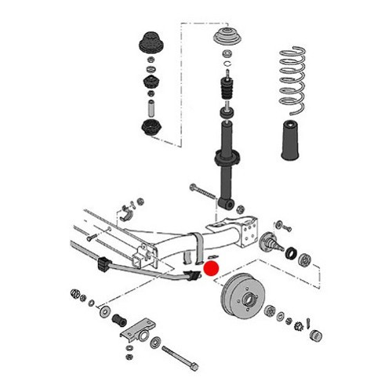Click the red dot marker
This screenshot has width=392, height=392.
click(209, 267)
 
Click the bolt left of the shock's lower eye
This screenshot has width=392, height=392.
click(201, 191)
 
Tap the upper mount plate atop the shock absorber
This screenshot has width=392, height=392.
click(228, 38)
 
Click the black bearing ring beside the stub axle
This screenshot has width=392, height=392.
click(291, 254)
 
